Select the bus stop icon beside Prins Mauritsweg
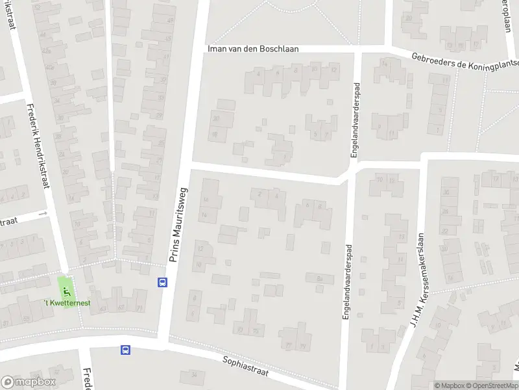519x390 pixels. (162, 282)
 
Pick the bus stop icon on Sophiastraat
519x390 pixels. (125, 350)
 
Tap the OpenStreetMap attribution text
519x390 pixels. (490, 385)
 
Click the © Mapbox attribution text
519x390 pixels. (450, 385)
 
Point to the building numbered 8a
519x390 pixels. (319, 278)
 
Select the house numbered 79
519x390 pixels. (303, 344)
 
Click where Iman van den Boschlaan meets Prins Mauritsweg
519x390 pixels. (199, 49)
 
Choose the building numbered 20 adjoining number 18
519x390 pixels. (215, 120)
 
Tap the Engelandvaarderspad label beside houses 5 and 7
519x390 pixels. (354, 115)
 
